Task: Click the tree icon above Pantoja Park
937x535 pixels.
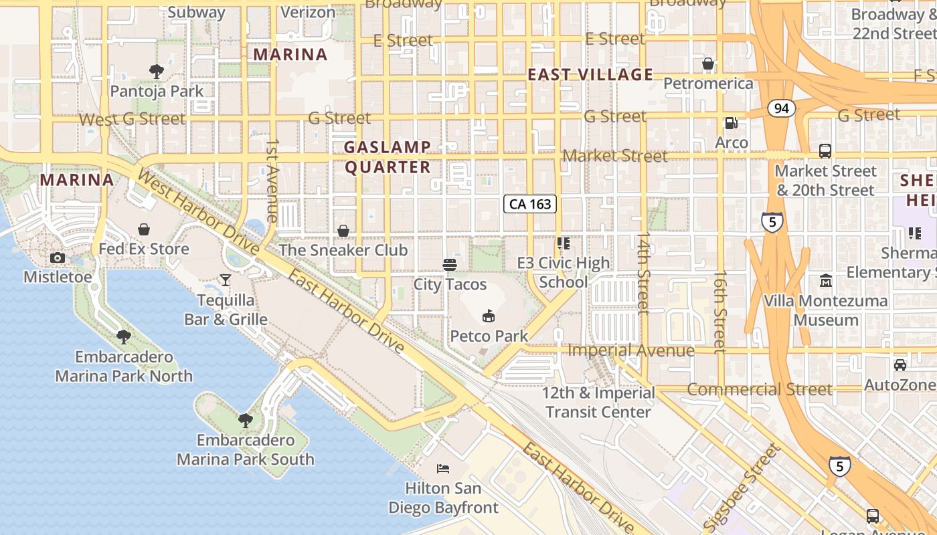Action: click(157, 71)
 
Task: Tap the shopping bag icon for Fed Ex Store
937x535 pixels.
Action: click(144, 230)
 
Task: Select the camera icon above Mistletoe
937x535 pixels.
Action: click(58, 258)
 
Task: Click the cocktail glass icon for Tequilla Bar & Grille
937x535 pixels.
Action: click(226, 280)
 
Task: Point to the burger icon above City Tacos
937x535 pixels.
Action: click(450, 265)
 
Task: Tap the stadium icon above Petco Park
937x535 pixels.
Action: click(488, 316)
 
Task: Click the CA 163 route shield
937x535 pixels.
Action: click(530, 204)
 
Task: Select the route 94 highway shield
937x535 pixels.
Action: click(781, 108)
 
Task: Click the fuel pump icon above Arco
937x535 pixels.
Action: click(732, 123)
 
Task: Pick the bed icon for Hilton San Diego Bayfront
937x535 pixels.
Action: click(443, 469)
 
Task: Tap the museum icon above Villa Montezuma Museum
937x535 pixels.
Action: click(826, 281)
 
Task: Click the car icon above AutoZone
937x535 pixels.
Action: click(900, 365)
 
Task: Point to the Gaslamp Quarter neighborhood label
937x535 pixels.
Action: click(388, 157)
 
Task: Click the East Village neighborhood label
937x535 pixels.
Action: click(590, 74)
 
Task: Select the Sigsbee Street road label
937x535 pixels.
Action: click(743, 487)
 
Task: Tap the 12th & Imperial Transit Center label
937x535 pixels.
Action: click(598, 402)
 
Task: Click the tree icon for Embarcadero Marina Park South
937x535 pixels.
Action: click(246, 421)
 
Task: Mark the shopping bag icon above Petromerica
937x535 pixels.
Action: click(708, 64)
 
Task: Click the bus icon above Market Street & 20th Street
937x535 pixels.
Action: click(825, 151)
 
